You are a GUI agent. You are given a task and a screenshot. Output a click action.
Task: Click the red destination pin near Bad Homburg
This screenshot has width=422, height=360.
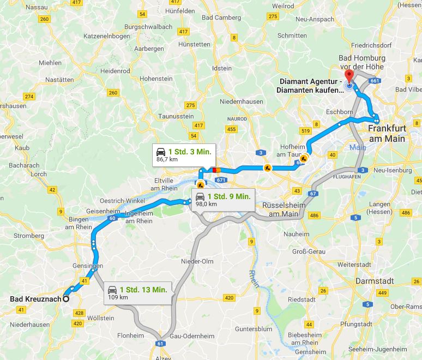coord(349,76)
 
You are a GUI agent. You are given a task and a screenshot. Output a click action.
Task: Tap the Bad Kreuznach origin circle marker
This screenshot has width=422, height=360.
coord(65,298)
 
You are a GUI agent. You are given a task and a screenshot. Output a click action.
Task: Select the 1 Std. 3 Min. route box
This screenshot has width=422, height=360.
coord(183,154)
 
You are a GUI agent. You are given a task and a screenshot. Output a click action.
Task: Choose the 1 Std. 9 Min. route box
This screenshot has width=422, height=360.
coord(223,199)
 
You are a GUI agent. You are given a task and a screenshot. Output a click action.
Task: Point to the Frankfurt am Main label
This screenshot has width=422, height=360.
coord(387,134)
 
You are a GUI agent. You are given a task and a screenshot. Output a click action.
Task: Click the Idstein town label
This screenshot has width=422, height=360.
coord(221,68)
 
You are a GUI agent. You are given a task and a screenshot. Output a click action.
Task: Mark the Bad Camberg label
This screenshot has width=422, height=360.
coord(220,17)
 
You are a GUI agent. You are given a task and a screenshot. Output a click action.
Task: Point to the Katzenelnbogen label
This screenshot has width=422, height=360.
coord(107,36)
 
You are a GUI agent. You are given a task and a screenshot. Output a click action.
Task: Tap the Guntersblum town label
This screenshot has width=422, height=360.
coord(254,329)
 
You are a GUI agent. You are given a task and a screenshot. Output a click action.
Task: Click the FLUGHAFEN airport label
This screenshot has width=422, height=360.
coord(347,177)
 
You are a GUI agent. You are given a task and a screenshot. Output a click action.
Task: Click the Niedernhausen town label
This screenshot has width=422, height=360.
coord(242,102)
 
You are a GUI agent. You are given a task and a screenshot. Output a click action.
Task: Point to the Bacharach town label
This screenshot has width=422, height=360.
coord(24,165)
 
